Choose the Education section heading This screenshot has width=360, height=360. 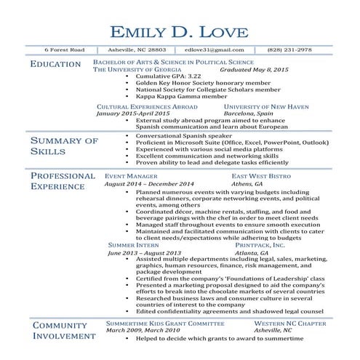click(56, 65)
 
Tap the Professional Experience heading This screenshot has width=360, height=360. click(63, 181)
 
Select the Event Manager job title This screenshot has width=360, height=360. click(131, 177)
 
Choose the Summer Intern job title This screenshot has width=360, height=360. click(133, 246)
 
